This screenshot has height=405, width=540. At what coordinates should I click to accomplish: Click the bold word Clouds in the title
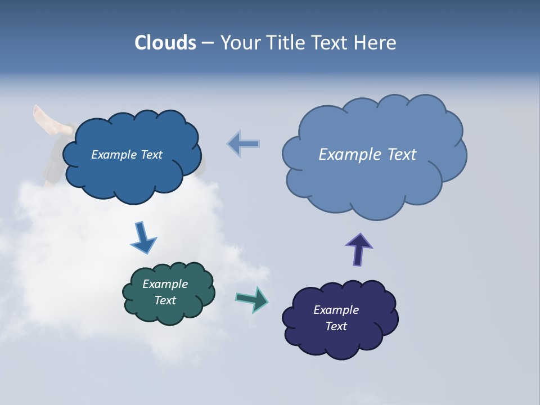click(165, 43)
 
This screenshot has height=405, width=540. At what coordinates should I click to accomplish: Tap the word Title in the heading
click(284, 43)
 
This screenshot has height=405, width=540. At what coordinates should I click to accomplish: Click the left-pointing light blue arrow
click(244, 144)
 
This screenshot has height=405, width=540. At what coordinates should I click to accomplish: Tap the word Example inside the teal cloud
click(165, 284)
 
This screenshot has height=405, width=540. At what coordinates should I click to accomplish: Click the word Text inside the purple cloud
click(336, 326)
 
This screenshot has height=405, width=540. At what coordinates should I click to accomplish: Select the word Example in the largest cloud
click(348, 155)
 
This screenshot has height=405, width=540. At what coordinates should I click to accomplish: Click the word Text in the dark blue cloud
click(151, 155)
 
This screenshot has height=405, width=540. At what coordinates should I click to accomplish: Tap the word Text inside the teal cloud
click(165, 300)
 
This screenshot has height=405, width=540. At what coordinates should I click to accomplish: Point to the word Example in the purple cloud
click(336, 310)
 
